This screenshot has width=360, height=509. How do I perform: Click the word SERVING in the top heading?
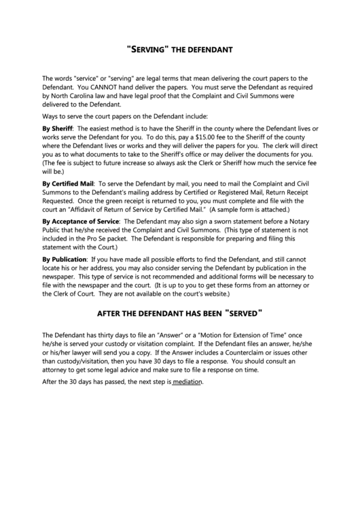coord(150,50)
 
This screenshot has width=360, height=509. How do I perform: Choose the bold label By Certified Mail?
coord(67,183)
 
